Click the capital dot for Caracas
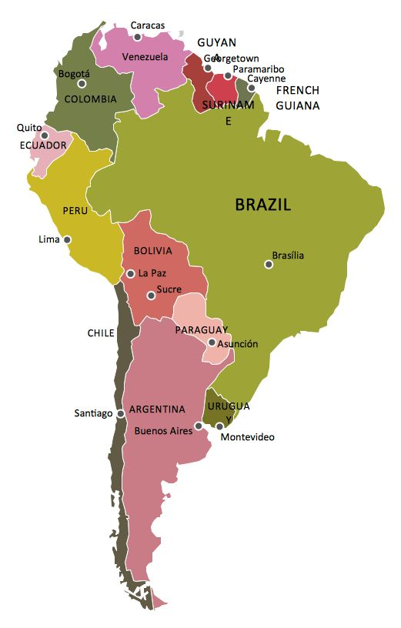pos(138,36)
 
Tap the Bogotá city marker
pos(82,83)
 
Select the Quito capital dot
pos(44,135)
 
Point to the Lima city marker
pos(67,239)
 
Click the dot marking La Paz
pos(131,273)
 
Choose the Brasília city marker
pos(269,264)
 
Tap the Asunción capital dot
pos(212,342)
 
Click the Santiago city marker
pos(120,413)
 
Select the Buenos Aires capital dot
pos(198,425)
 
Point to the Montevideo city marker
pos(219,426)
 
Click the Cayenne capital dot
pos(251,88)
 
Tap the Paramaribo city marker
pos(228,75)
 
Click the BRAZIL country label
pos(262,205)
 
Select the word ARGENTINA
pos(157,409)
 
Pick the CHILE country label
pos(101,333)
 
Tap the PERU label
pos(75,210)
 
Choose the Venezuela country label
pos(145,57)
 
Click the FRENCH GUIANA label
pos(297,98)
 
